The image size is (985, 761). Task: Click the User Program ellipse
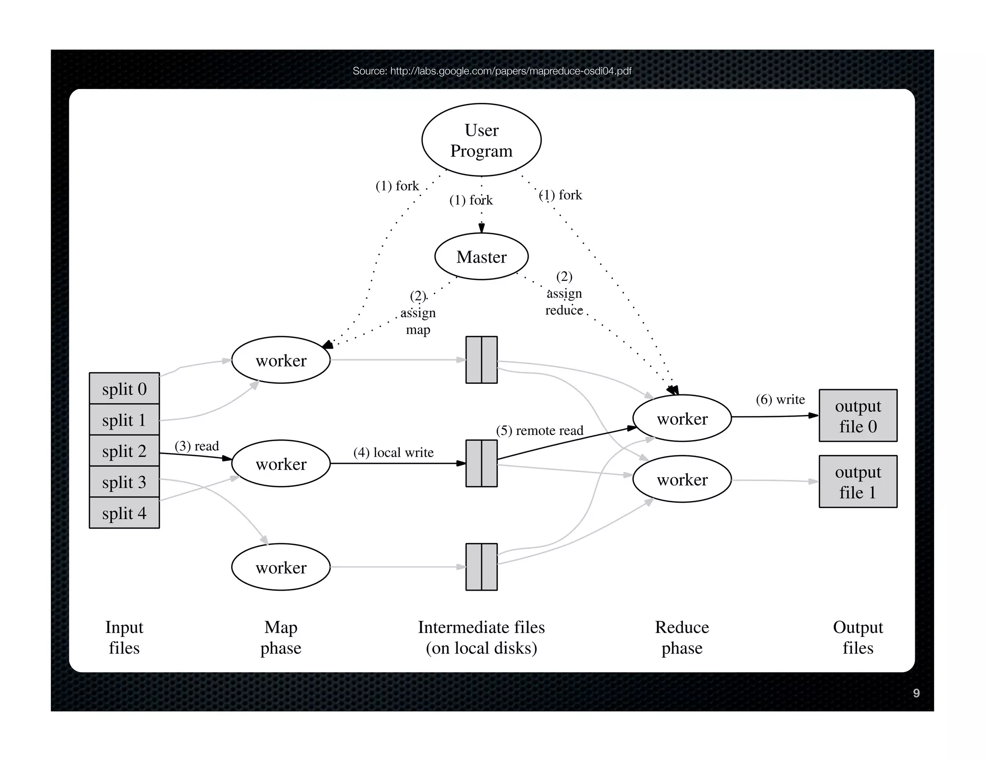[x=481, y=140]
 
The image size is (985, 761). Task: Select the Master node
[x=481, y=256]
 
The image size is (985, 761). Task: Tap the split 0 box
[x=124, y=388]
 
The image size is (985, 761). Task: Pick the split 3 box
[x=124, y=482]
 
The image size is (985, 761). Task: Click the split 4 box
[x=124, y=513]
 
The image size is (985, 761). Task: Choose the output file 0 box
[x=858, y=416]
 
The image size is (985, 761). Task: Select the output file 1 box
[x=858, y=482]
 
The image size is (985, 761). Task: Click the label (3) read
[x=196, y=446]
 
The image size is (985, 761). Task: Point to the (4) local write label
[x=393, y=452]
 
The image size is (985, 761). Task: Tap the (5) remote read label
[x=539, y=430]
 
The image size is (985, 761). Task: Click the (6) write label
[x=780, y=399]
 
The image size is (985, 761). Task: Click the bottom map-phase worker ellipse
[x=281, y=567]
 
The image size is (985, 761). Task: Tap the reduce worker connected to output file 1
[x=682, y=479]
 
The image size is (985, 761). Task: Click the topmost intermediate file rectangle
[x=481, y=360]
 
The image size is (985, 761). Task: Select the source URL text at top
[x=492, y=71]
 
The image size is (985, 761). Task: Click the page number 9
[x=916, y=693]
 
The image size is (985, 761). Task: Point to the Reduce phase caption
[x=682, y=637]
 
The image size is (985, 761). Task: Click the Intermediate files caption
[x=481, y=637]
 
